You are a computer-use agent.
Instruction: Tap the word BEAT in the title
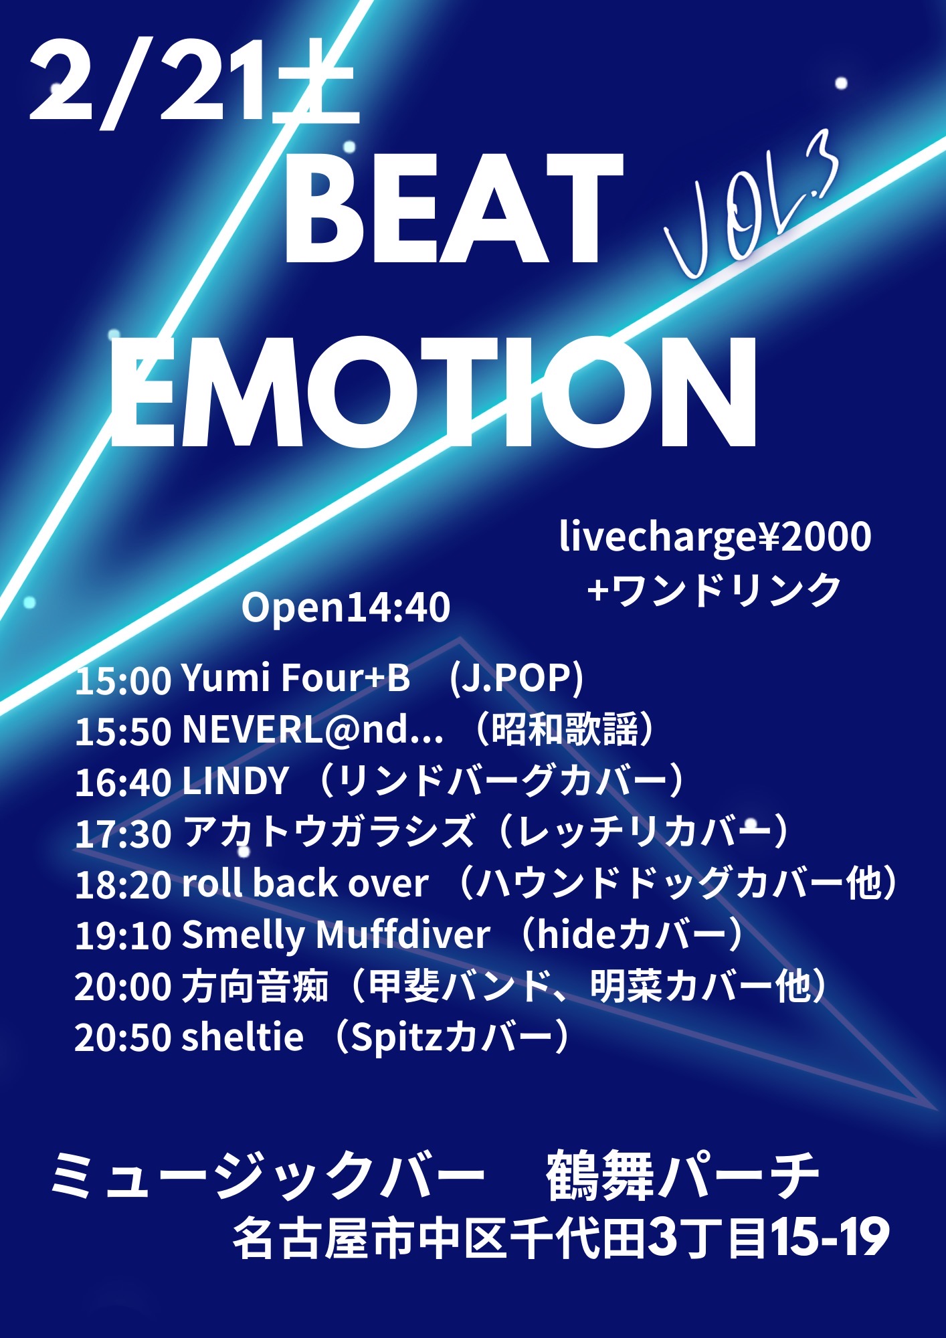point(454,209)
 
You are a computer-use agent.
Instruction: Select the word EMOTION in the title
point(433,392)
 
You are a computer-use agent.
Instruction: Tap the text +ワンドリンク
point(713,590)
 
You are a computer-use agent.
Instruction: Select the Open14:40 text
point(346,607)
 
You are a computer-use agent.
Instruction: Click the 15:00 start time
point(123,680)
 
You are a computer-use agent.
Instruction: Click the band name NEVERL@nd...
point(312,729)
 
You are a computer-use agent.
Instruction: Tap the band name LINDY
point(235,781)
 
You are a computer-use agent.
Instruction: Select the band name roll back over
point(305,883)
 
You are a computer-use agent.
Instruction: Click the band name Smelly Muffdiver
point(336,935)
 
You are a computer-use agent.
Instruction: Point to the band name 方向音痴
point(255,986)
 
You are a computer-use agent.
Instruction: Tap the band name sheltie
point(242,1037)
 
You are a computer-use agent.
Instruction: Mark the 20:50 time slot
point(123,1038)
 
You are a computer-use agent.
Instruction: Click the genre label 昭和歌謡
point(565,729)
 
